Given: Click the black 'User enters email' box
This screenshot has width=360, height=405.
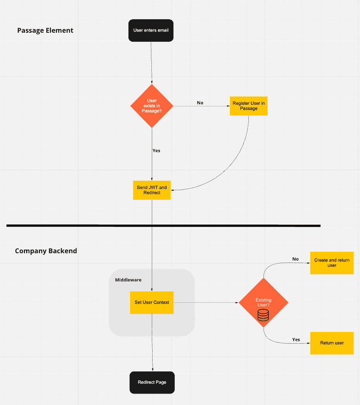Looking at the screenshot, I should pos(151,30).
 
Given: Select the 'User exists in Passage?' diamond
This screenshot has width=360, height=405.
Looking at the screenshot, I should pos(152,106).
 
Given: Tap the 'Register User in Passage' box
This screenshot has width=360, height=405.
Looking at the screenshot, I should pos(248,106).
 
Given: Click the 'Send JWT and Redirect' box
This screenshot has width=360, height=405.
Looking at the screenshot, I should pos(152,190).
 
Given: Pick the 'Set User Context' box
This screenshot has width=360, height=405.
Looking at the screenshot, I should pos(152,303).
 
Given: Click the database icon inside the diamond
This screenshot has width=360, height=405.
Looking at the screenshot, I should pos(263,315).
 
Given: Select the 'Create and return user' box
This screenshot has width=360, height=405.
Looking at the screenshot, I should pos(332,263).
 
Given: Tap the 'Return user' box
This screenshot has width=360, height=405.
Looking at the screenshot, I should pos(332,343).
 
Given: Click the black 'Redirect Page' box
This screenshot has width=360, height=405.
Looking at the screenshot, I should pos(152,382).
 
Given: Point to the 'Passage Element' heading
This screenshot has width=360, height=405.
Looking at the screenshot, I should pos(45,30).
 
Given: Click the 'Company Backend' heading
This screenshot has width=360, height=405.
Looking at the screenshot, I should pos(46,251).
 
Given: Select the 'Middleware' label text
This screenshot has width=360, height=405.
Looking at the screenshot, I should pos(128,280).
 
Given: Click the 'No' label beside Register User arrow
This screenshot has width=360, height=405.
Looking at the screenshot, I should pos(200,103).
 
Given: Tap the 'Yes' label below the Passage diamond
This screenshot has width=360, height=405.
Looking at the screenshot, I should pos(156,151).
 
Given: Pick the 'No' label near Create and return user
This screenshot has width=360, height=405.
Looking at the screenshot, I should pos(295,259).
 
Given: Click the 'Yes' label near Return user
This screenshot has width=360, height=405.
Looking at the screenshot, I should pos(296,340).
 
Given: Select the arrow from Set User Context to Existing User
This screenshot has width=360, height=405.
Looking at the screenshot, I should pos(205,303).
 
